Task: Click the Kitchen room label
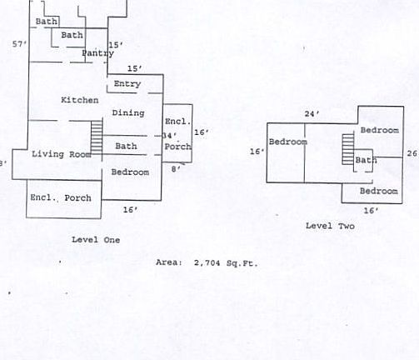coord(80,100)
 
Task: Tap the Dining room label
coord(128,112)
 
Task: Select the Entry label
coord(127,83)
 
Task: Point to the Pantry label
coord(98,52)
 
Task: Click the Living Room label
coord(62,154)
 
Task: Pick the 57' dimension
coord(20,44)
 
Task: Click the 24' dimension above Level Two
coord(312,113)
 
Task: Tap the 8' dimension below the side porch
coord(176,168)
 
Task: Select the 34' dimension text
coord(169,136)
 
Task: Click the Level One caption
coord(96,240)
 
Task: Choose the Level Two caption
coord(330,226)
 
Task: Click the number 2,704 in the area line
coord(207,262)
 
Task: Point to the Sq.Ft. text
coord(242,263)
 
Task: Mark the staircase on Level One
coord(97,137)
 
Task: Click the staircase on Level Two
coord(348,149)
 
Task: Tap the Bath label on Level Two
coord(366,160)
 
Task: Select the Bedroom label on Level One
coord(130,172)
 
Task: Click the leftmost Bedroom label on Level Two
coord(288,142)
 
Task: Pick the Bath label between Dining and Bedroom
coord(126,146)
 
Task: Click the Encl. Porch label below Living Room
coord(61,197)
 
